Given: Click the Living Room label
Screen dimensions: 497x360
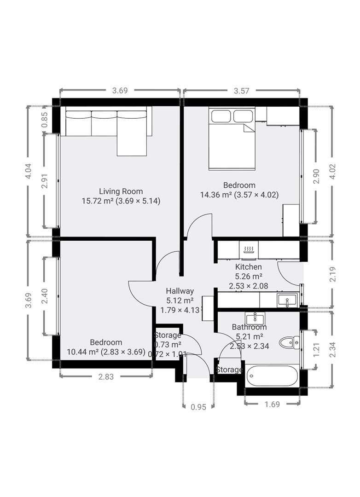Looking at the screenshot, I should (x=121, y=191).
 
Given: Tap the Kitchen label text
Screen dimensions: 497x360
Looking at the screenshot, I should (x=249, y=267).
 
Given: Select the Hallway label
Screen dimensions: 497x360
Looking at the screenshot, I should (x=180, y=291).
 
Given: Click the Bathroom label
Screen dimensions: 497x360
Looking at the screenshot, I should (x=249, y=327).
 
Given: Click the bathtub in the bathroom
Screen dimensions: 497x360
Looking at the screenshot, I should (x=273, y=376).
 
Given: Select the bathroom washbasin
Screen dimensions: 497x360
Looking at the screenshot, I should (x=255, y=318).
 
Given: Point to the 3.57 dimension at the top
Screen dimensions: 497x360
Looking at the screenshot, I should (x=241, y=91).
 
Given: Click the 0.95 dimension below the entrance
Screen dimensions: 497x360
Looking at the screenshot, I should (x=198, y=406).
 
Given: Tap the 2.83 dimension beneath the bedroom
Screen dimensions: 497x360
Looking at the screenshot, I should (x=106, y=376).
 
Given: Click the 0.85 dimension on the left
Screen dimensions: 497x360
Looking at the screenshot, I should (x=44, y=120).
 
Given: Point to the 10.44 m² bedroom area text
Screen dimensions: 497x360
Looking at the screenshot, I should (x=83, y=352).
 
